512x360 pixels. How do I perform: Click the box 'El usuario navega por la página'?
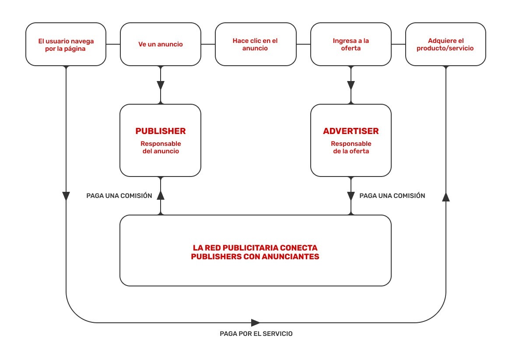coord(66,45)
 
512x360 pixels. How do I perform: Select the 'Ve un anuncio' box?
coord(161,45)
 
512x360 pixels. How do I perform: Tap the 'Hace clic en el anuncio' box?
coord(256,45)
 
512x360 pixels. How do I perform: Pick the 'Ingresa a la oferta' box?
coord(351,45)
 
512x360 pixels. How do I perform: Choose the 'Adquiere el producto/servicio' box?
coord(445,45)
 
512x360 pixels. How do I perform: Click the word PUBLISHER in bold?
coord(160,131)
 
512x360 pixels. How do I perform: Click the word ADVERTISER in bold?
coord(351,131)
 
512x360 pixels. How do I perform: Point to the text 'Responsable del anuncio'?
coord(160,148)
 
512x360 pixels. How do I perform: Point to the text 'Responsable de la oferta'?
coord(351,148)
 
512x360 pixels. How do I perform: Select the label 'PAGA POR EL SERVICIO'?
coord(256,334)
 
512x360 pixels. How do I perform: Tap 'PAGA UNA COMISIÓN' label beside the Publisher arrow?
coord(119,196)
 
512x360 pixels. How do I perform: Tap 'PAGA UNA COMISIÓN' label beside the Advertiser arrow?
coord(392,196)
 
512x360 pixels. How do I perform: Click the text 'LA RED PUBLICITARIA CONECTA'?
coord(255,248)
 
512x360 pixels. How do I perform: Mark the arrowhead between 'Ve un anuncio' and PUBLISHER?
coord(161,85)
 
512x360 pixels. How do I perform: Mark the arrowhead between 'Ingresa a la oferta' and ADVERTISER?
coord(351,85)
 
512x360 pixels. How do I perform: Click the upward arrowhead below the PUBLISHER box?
coord(161,195)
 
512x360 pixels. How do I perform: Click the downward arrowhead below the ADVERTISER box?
coord(351,195)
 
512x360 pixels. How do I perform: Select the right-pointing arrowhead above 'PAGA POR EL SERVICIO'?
coord(256,323)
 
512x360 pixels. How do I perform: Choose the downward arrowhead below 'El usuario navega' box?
coord(66,196)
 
